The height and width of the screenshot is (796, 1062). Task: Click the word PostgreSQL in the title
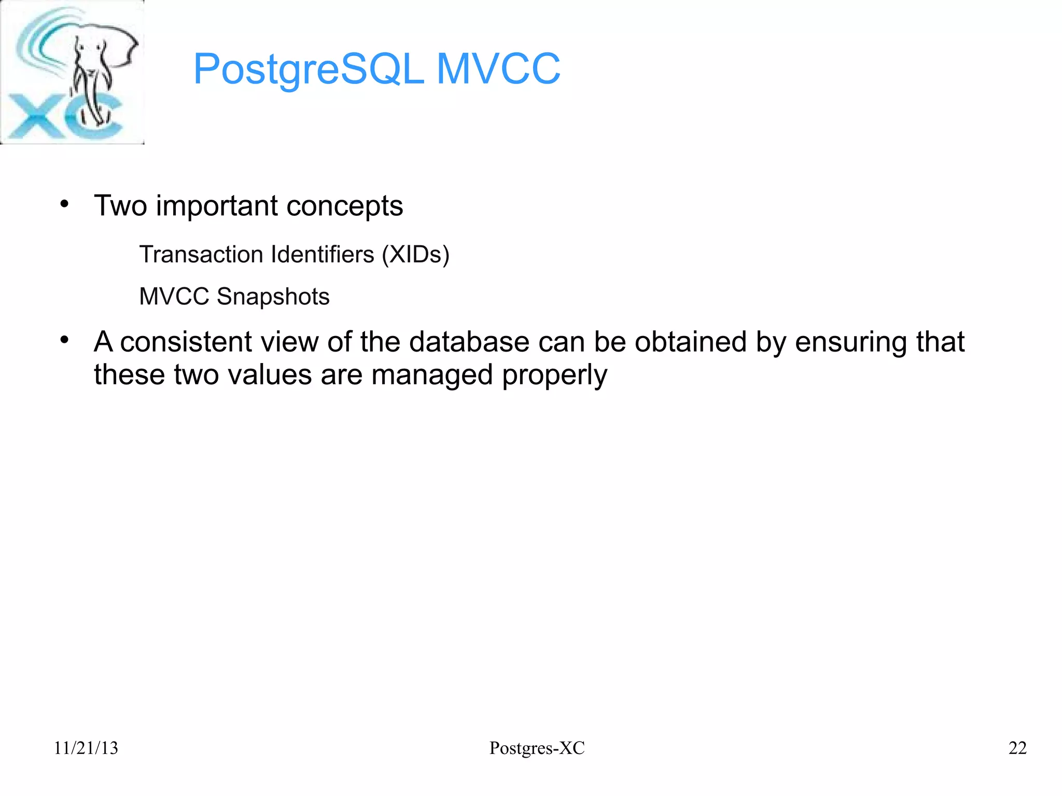coord(309,69)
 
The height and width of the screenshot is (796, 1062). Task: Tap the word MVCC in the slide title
coord(498,69)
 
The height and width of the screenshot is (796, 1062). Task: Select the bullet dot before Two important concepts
coord(64,204)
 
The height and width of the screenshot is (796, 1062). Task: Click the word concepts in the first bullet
coord(344,206)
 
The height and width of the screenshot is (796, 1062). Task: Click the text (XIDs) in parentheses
coord(415,255)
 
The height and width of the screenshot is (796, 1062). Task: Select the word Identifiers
coord(323,255)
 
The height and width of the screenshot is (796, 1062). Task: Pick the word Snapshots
coord(273,297)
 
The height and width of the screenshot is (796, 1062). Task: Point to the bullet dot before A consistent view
coord(64,340)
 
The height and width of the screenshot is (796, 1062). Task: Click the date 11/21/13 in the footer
coord(86,748)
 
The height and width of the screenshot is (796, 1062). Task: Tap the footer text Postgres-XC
coord(537,748)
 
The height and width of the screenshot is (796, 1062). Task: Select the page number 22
coord(1017,748)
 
